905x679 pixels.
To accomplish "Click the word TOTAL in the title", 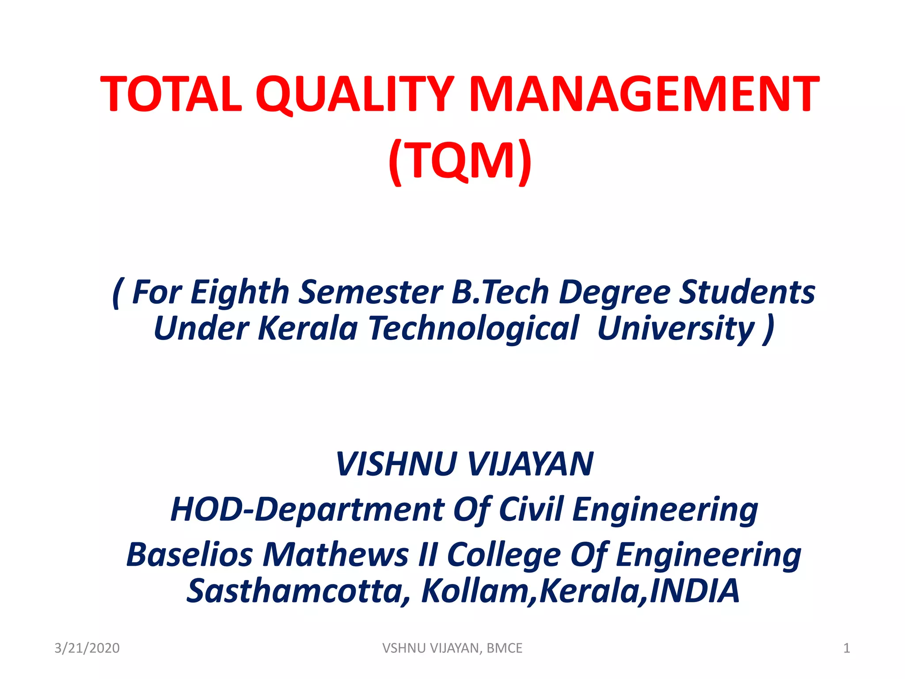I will [171, 94].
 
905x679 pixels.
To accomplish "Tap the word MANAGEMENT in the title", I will [643, 94].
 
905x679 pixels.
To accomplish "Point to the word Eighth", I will [240, 293].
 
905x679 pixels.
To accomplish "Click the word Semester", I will [370, 292].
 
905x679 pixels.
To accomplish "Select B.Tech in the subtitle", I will [500, 292].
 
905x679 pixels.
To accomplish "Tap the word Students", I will [747, 292].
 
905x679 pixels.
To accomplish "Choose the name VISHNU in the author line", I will [396, 464].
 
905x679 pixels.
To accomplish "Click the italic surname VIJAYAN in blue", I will [530, 464].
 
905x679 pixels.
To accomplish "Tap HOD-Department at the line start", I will [308, 510].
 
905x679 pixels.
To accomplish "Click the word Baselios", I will [190, 554].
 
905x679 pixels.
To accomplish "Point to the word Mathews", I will [336, 554].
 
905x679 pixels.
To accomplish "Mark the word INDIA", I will [695, 591].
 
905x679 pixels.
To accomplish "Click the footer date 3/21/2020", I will [87, 648].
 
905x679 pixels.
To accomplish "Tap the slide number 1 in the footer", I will [846, 648].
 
